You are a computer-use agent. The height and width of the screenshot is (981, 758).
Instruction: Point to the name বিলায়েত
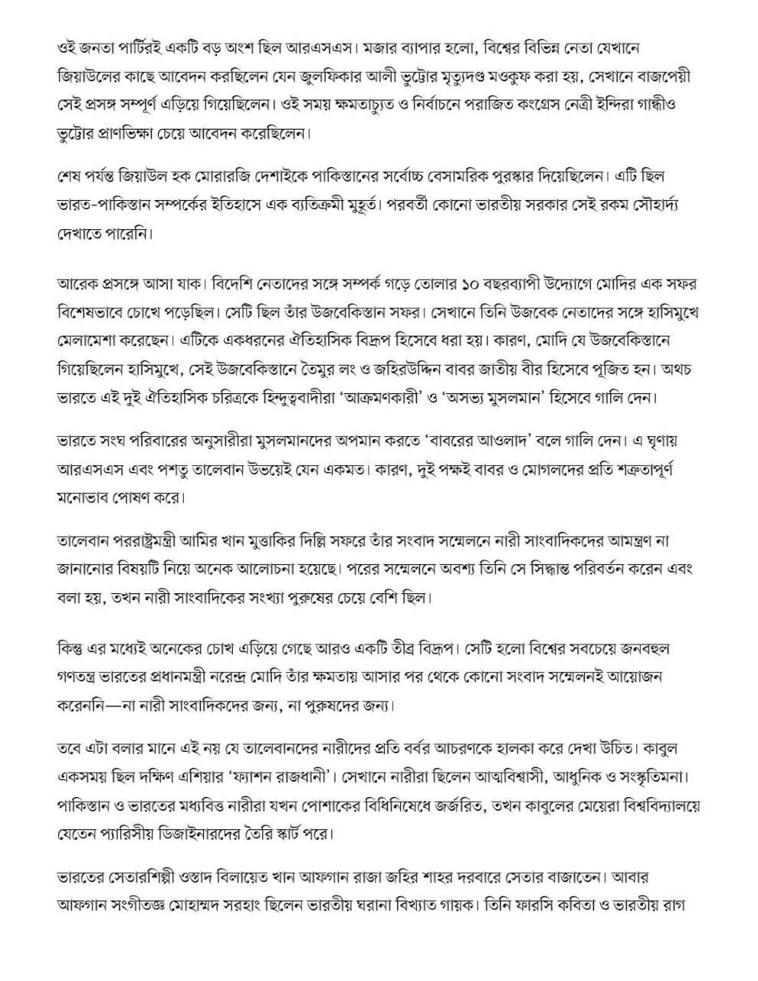point(278,877)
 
